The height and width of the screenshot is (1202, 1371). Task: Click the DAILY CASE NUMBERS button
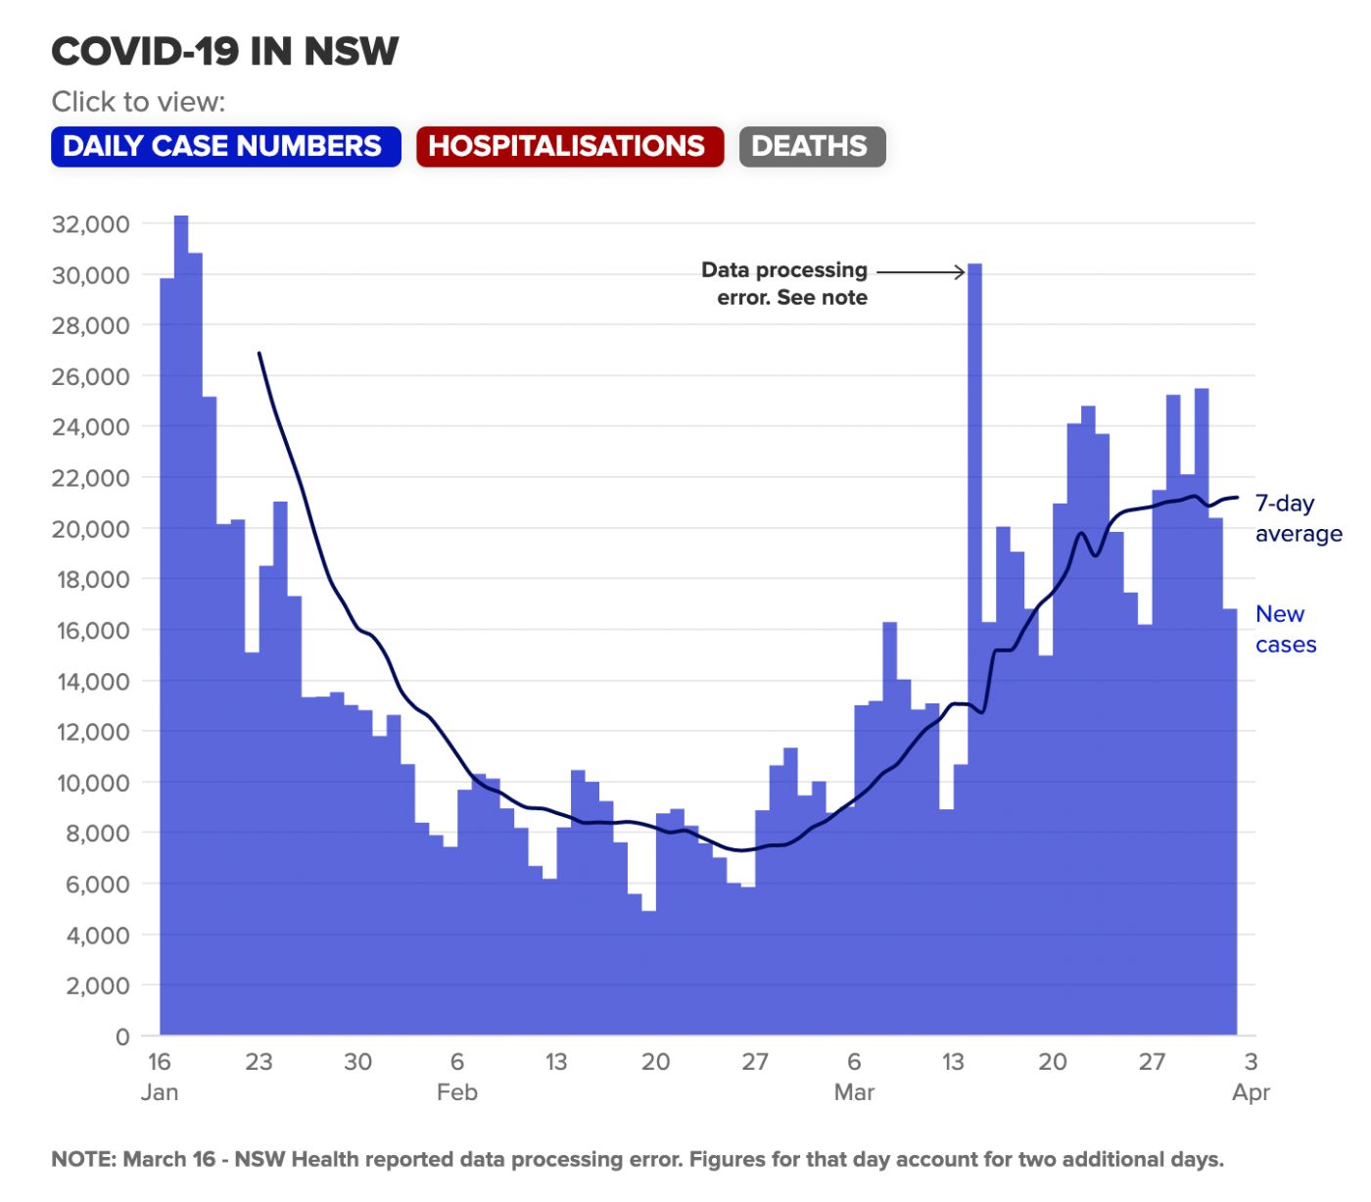click(x=225, y=147)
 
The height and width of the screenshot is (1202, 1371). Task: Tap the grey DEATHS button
click(x=811, y=147)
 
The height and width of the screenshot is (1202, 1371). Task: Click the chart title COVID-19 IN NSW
click(x=225, y=51)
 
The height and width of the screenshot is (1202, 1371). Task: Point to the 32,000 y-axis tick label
click(x=90, y=224)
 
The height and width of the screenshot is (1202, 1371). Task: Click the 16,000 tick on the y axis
click(x=90, y=630)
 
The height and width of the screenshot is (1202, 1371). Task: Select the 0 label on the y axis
click(x=122, y=1036)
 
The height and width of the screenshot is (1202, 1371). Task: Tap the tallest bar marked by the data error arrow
click(x=974, y=588)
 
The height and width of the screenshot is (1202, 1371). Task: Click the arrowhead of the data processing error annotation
click(x=961, y=272)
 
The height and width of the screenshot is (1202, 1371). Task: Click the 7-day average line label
click(x=1298, y=518)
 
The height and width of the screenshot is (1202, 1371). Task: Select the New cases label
click(x=1285, y=629)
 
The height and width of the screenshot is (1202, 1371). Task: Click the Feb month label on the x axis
click(x=457, y=1092)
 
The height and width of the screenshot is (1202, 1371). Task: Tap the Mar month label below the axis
click(x=854, y=1092)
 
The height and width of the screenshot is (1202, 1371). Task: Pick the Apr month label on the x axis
click(x=1251, y=1092)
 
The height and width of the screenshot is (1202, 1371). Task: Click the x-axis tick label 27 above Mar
click(x=755, y=1062)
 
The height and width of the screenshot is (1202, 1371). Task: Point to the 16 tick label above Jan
click(x=160, y=1062)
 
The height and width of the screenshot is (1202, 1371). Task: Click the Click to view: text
click(x=138, y=102)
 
